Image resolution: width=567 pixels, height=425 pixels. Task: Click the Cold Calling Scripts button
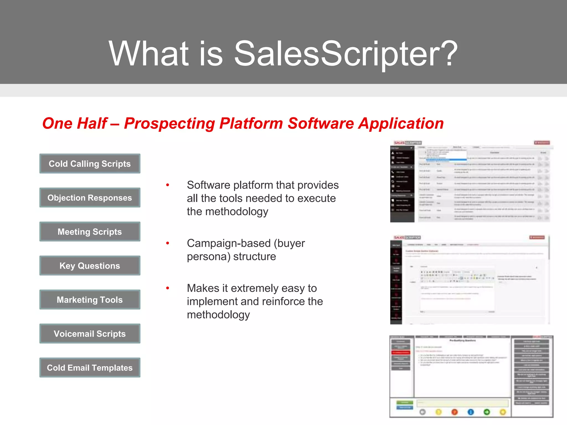(x=90, y=164)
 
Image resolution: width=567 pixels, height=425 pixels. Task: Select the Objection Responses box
(x=90, y=198)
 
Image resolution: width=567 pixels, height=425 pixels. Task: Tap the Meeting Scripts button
(x=90, y=232)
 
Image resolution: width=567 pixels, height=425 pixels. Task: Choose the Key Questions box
(x=90, y=266)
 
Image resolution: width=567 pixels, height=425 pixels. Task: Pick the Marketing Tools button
(x=90, y=300)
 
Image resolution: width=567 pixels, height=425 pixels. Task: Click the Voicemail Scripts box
(x=90, y=334)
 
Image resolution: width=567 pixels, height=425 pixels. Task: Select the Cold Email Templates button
(x=90, y=367)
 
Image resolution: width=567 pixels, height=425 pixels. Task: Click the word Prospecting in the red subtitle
(x=169, y=123)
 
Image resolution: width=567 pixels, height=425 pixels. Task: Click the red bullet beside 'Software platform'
(x=167, y=185)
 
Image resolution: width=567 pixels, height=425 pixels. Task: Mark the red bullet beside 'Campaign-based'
(x=167, y=243)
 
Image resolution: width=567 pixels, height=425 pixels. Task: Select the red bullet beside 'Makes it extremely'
(x=167, y=288)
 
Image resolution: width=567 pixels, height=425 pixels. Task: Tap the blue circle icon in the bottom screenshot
(x=471, y=412)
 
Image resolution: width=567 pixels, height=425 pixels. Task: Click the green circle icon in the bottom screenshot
(x=487, y=412)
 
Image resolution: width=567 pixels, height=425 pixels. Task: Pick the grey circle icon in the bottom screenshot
(x=422, y=412)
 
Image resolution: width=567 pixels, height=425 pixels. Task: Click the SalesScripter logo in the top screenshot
(x=408, y=143)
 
